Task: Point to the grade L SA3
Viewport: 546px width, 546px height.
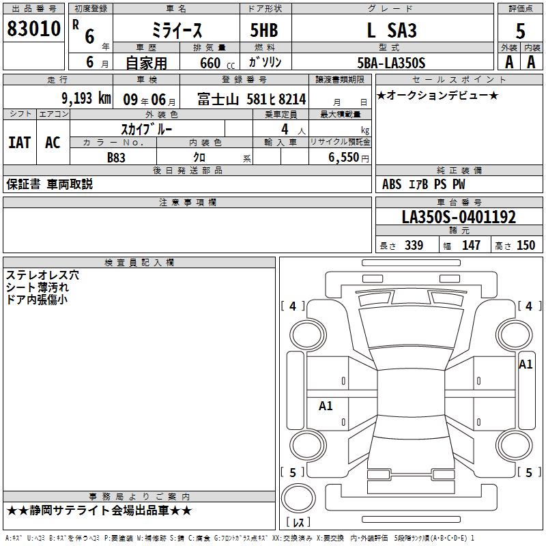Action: (x=392, y=31)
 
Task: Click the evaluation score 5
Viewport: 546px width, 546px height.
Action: (x=520, y=31)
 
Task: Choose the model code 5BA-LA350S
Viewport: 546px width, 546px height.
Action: (x=392, y=63)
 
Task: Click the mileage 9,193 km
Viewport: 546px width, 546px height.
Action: (x=85, y=98)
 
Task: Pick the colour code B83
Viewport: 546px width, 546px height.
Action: (x=117, y=156)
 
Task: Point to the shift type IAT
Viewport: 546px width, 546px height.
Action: (x=19, y=143)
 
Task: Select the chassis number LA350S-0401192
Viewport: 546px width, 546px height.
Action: (x=459, y=217)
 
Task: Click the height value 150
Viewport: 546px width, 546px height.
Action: (x=526, y=246)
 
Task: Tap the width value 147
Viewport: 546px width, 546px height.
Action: (x=471, y=246)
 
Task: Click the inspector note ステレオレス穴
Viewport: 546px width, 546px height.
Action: (x=42, y=275)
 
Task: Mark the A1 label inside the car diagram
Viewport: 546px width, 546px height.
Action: (x=326, y=405)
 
